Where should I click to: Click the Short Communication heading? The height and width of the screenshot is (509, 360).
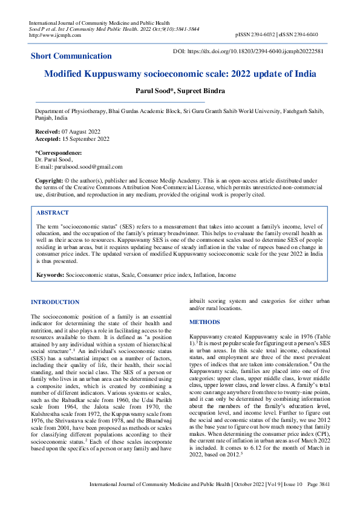tap(71, 56)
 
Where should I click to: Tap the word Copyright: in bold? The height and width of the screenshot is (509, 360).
tap(50, 180)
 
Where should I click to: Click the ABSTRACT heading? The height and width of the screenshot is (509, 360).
tap(53, 213)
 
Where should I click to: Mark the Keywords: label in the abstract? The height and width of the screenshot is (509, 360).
tap(50, 275)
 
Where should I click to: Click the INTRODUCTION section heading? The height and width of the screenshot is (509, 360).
tap(55, 302)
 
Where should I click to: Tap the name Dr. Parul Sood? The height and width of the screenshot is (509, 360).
tap(54, 160)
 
